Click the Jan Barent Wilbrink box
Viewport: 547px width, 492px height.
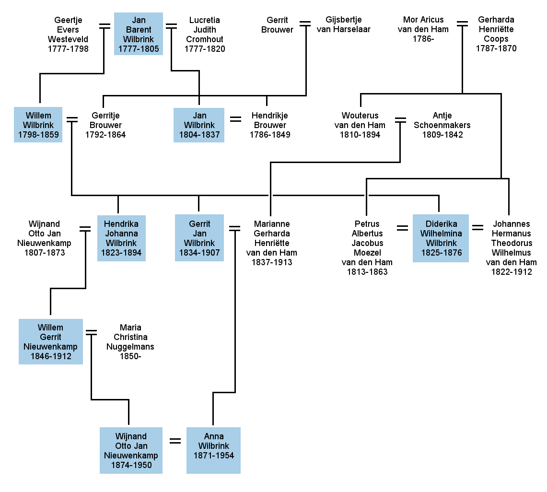tap(139, 34)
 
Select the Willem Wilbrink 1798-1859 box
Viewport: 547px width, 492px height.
tap(38, 125)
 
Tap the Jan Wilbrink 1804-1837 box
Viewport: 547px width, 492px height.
tap(199, 125)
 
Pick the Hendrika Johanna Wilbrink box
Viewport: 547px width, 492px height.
tap(121, 238)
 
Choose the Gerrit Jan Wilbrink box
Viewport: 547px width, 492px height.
tap(199, 238)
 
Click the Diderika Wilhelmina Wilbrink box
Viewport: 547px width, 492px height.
tap(441, 238)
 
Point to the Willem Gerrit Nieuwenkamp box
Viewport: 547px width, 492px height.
tap(51, 341)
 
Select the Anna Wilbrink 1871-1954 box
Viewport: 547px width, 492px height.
tap(213, 450)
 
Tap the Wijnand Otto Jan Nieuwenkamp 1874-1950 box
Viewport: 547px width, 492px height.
tap(131, 450)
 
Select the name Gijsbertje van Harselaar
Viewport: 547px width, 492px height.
tap(344, 24)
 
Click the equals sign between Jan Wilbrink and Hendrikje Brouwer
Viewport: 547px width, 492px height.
tap(235, 119)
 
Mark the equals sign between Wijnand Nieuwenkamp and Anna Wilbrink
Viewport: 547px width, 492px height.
tap(175, 441)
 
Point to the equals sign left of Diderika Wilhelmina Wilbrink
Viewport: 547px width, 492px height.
tap(402, 228)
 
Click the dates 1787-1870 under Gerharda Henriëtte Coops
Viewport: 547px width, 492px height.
tap(496, 48)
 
